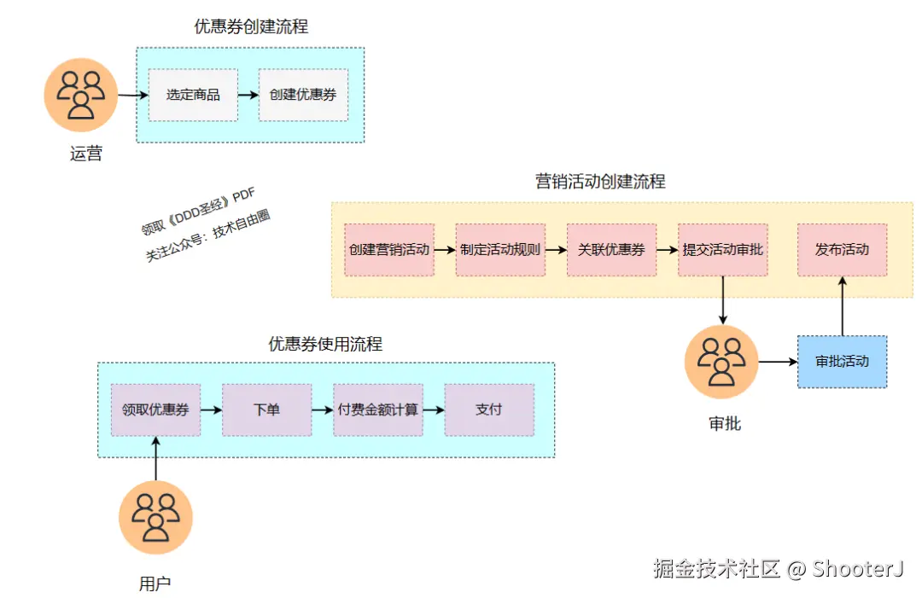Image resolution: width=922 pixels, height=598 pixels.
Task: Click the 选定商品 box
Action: [193, 95]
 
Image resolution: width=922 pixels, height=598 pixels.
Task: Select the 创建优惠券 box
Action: [303, 95]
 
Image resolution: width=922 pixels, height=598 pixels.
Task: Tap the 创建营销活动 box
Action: [389, 250]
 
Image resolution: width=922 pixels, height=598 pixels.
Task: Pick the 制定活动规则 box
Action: [500, 250]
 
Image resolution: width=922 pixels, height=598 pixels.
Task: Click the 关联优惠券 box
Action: [611, 250]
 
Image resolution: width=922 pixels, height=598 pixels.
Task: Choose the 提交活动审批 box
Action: [722, 250]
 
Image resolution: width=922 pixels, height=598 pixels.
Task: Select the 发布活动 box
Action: [842, 250]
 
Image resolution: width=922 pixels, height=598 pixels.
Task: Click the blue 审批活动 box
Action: [842, 362]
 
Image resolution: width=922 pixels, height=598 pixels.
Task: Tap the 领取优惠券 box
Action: [155, 409]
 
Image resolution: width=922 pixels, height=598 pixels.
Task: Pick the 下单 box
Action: [266, 409]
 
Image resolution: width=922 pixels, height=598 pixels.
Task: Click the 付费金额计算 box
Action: [377, 409]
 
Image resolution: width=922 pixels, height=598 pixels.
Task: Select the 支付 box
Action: [488, 409]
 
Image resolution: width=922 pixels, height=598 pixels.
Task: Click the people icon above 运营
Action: [80, 95]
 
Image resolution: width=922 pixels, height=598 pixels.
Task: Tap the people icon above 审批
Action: [721, 362]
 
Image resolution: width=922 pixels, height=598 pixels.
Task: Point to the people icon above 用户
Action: [156, 518]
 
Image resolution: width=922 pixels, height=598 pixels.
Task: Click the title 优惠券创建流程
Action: [251, 27]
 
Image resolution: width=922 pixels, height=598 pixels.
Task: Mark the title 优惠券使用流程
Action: [325, 345]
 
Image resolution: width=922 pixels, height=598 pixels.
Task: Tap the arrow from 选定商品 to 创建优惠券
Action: [248, 95]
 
